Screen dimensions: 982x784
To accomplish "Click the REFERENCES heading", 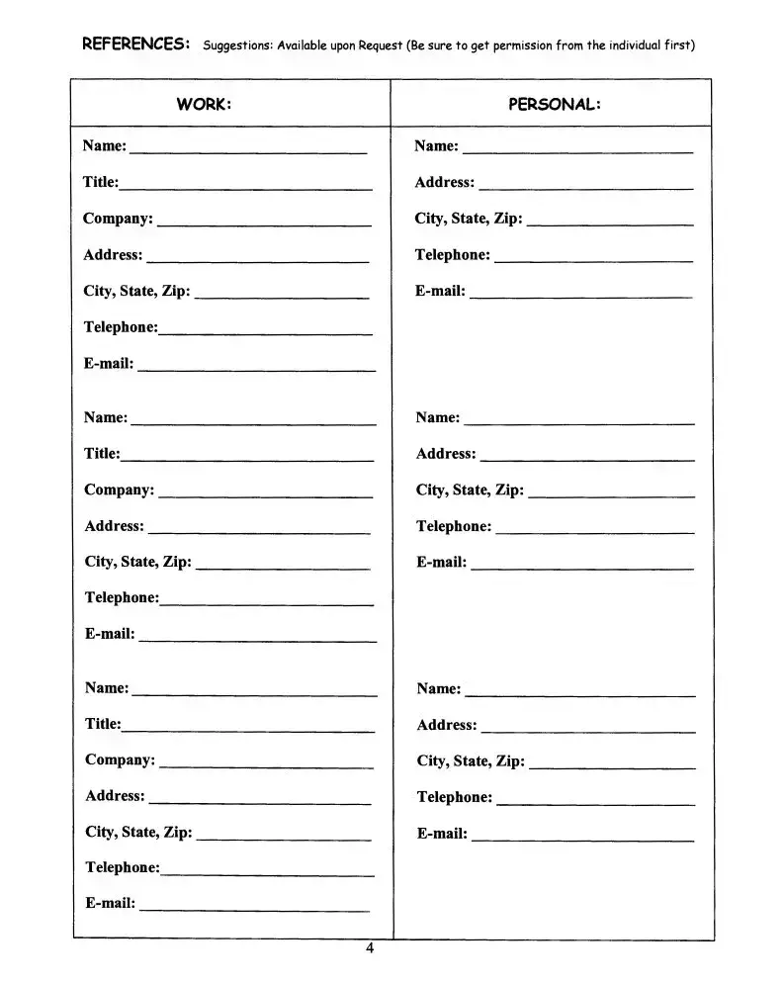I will tap(136, 44).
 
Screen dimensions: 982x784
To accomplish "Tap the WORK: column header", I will tap(204, 104).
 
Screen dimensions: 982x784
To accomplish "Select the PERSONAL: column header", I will tap(555, 104).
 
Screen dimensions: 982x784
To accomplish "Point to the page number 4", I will tap(370, 950).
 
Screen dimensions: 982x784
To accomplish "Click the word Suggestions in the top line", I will tap(237, 45).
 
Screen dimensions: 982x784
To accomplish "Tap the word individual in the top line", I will tap(634, 45).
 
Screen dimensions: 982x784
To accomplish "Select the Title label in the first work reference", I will tap(101, 182).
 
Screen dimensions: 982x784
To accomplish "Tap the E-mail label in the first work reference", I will tap(109, 363).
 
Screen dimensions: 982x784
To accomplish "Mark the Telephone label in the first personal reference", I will tap(452, 254).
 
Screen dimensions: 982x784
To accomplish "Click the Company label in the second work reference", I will tap(119, 490).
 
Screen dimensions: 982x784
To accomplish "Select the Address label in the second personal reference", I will tap(446, 453).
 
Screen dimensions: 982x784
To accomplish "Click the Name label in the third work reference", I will tap(107, 687).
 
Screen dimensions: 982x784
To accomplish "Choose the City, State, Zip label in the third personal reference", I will tap(471, 760).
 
